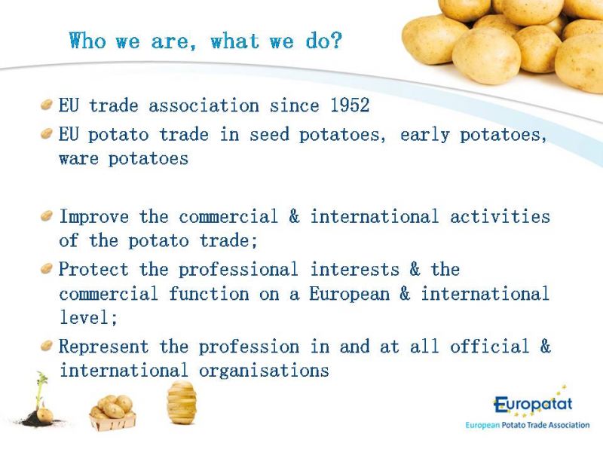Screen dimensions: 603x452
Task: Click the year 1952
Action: point(350,105)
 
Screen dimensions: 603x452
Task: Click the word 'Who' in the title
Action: point(87,41)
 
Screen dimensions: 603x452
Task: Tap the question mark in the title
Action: point(335,41)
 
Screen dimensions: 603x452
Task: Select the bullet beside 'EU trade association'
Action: point(46,105)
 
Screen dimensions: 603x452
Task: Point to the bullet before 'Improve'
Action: point(46,215)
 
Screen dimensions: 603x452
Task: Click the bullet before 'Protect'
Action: point(46,268)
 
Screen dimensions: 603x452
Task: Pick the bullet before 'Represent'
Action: point(46,346)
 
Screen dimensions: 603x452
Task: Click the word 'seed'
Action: point(269,135)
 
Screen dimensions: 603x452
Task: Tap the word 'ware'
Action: point(79,159)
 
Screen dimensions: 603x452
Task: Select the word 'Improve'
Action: point(94,217)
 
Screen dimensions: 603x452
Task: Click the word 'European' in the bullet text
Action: point(350,295)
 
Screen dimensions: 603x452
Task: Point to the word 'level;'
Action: point(88,317)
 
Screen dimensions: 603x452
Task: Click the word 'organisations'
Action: point(265,371)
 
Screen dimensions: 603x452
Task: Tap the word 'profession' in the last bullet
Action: point(249,347)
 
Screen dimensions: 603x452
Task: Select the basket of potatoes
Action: point(112,413)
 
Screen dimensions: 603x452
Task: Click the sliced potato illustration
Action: point(182,402)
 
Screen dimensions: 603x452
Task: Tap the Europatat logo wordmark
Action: point(533,405)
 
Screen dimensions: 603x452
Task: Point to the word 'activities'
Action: point(500,216)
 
